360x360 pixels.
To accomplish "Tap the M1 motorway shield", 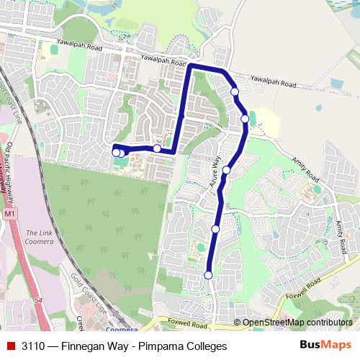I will [9, 215].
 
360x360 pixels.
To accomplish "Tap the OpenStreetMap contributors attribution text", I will [296, 323].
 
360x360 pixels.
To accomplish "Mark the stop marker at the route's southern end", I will [209, 275].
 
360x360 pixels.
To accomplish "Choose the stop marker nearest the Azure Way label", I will [226, 170].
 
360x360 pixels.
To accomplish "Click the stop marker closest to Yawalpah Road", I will [234, 91].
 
